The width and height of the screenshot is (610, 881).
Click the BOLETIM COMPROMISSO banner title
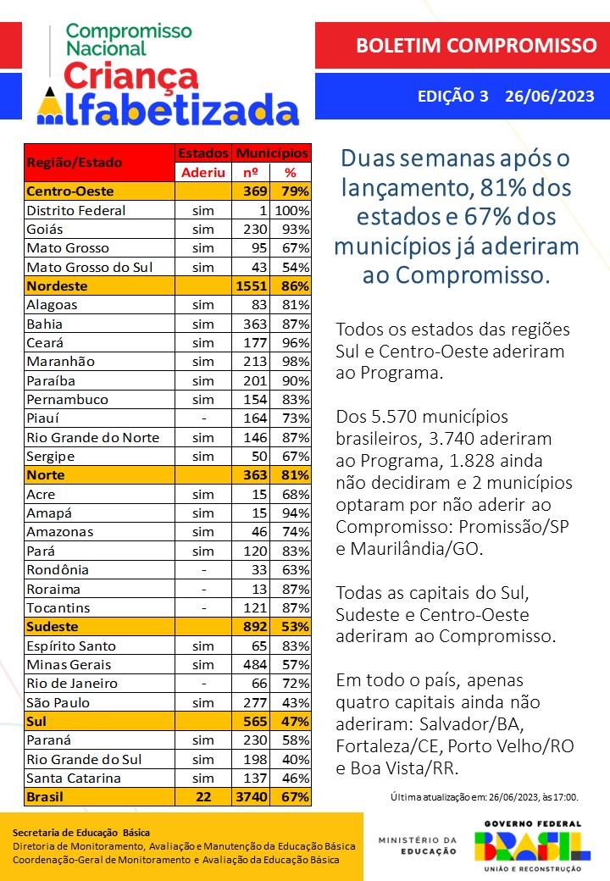pos(476,45)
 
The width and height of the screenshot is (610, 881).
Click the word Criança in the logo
pos(131,76)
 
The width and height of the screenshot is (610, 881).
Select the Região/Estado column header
pos(75,162)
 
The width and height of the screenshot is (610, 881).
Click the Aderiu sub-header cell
pos(203,172)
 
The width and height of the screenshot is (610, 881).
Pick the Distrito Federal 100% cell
pos(291,210)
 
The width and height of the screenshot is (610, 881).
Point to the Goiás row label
pos(45,229)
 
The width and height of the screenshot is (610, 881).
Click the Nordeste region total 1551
pos(252,286)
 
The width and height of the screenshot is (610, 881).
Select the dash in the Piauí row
pos(203,418)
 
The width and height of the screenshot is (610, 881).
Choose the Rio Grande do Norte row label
pos(93,437)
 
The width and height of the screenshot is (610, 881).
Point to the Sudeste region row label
pos(53,627)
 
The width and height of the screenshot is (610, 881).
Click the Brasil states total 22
pos(203,797)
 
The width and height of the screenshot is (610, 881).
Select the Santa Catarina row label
pos(74,778)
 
